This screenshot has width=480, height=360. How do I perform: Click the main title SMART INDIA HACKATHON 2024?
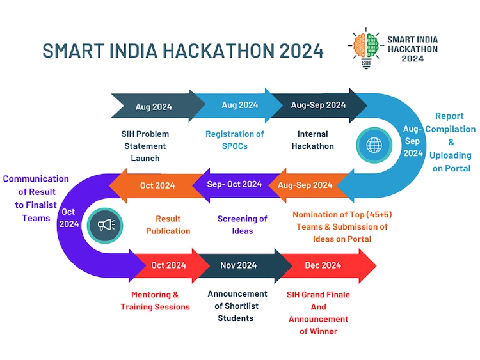tap(183, 51)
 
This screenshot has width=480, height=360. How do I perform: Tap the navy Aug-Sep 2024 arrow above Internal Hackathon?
tap(318, 105)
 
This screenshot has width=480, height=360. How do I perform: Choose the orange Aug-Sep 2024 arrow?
tap(305, 185)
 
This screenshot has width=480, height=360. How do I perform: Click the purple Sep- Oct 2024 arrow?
tap(234, 184)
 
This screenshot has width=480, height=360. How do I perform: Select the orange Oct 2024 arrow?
tap(157, 185)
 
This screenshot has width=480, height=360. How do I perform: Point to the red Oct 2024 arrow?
tap(168, 265)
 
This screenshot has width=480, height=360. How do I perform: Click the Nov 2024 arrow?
tap(238, 265)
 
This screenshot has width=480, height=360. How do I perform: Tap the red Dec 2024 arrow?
tap(323, 265)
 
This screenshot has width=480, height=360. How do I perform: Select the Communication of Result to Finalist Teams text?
tap(35, 198)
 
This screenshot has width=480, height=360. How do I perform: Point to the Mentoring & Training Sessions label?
tap(155, 301)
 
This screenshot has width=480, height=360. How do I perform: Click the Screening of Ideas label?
tap(243, 224)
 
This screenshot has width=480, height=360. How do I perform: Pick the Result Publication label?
tap(168, 224)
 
